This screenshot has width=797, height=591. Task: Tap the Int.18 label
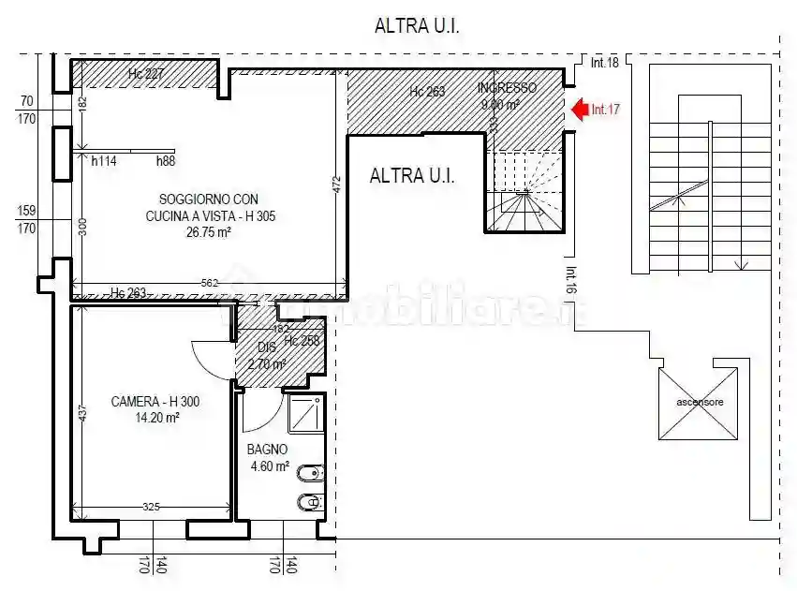(x=605, y=63)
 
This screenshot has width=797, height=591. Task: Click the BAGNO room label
(x=267, y=450)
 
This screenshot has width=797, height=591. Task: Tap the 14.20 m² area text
(x=157, y=419)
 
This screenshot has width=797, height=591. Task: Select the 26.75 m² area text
(x=208, y=233)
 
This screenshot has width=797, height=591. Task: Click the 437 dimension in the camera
(x=82, y=412)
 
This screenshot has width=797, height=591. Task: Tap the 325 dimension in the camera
(x=152, y=507)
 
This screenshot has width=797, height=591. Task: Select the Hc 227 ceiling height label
(x=146, y=74)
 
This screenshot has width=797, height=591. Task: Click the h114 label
(x=104, y=161)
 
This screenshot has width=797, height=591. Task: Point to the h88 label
(x=166, y=161)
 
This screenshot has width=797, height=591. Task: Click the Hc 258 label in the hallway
(x=302, y=341)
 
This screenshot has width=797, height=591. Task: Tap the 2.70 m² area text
(x=267, y=363)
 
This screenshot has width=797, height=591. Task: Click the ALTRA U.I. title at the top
(x=417, y=26)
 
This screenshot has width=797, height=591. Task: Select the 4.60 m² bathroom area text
(x=269, y=466)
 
